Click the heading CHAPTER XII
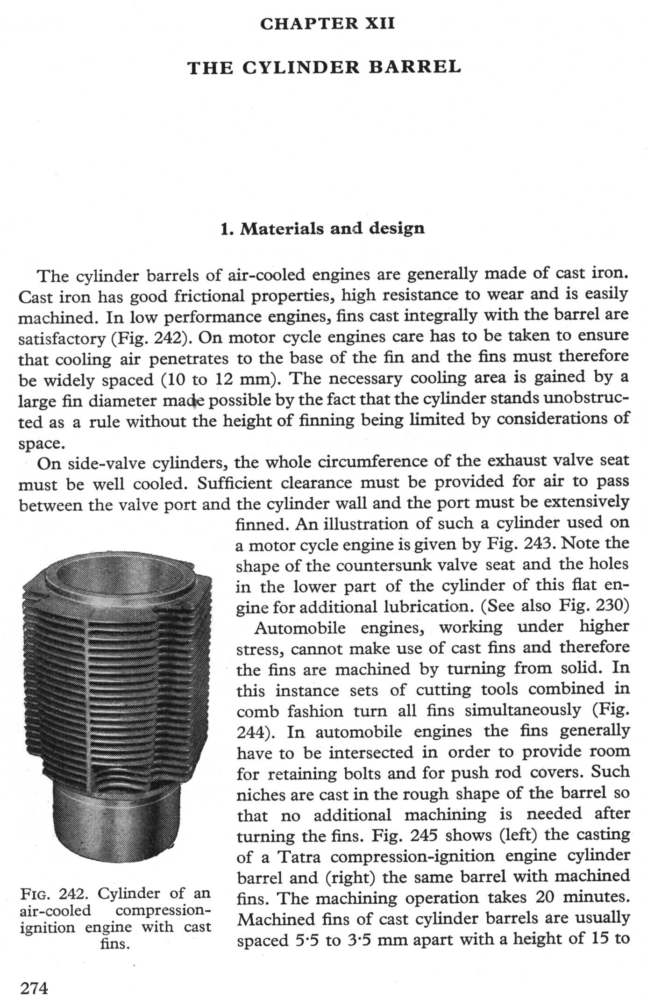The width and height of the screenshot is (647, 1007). click(327, 23)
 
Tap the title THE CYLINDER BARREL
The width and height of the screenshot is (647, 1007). click(324, 68)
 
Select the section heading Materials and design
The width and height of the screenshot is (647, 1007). click(322, 229)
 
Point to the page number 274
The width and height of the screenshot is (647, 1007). click(34, 988)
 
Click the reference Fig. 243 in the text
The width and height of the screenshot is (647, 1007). click(522, 543)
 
